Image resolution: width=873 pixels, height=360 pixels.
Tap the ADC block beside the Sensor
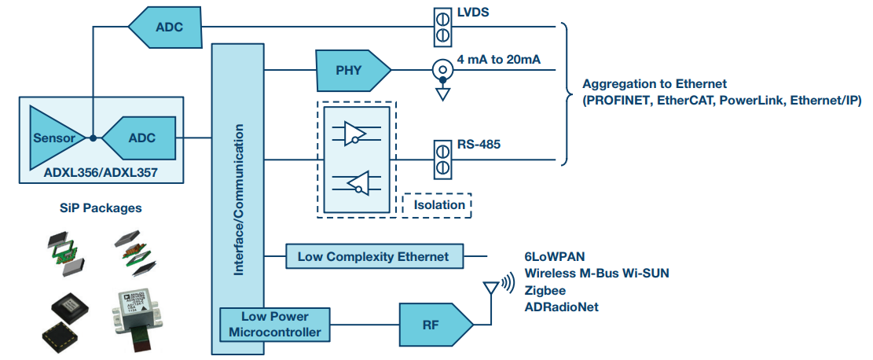click(140, 138)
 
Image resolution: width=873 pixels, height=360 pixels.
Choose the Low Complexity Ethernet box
click(373, 256)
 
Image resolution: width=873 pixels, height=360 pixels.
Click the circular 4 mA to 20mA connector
click(442, 70)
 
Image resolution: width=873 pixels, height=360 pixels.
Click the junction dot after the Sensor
click(93, 138)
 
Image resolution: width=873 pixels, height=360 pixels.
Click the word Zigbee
click(545, 289)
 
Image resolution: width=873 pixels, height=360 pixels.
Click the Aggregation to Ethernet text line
click(654, 84)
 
